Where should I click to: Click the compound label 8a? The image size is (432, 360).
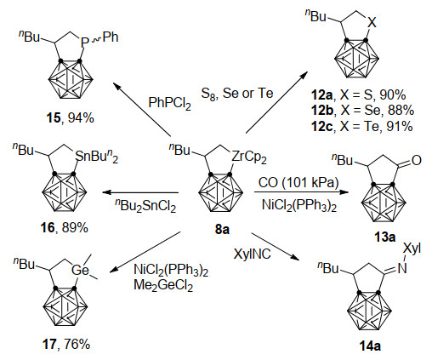click(x=222, y=229)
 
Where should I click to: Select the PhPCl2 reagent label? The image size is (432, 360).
click(x=170, y=103)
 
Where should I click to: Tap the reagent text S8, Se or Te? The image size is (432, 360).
click(x=237, y=94)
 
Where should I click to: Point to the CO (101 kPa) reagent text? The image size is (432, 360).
click(x=298, y=182)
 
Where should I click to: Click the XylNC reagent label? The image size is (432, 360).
click(x=252, y=254)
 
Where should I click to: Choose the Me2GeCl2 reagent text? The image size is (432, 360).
click(x=163, y=284)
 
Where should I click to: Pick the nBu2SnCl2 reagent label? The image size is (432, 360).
click(x=145, y=205)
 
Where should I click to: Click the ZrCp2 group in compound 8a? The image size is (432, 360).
click(x=249, y=157)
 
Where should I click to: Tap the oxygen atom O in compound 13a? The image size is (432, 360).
click(x=416, y=161)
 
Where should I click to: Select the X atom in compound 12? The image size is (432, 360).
click(x=372, y=22)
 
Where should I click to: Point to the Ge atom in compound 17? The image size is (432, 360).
click(x=80, y=270)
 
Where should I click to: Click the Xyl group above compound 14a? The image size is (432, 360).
click(x=412, y=249)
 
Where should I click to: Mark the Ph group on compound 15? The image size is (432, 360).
click(x=111, y=37)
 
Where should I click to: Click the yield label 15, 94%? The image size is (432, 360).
click(x=70, y=118)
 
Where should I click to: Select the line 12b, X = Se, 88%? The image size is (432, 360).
click(x=362, y=111)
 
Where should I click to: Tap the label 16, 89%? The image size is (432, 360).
click(x=65, y=227)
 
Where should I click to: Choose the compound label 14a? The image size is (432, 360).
click(x=370, y=346)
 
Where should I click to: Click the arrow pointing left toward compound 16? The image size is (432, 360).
click(x=140, y=192)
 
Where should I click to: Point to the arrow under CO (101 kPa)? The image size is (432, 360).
click(x=301, y=192)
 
